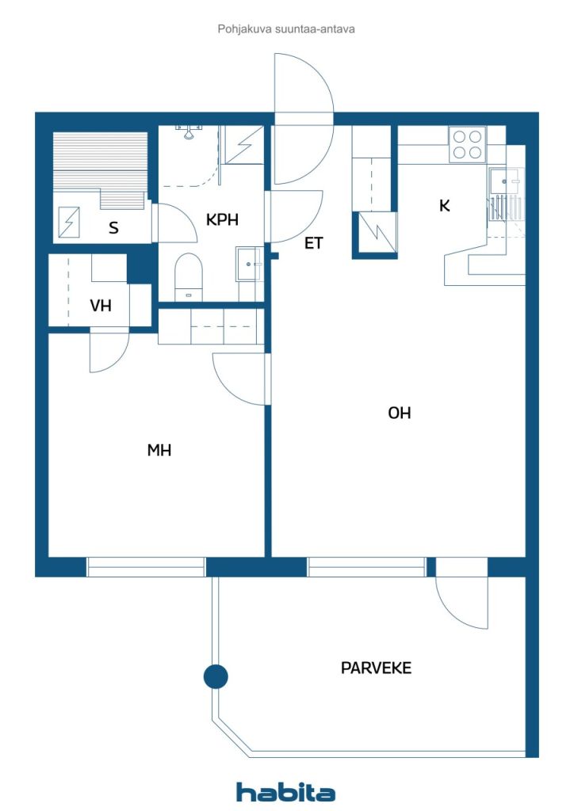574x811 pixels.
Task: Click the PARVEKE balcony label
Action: [x=376, y=668]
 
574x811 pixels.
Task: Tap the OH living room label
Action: [x=399, y=413]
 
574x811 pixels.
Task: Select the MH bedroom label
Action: [x=159, y=450]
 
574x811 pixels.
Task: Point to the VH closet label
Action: [x=101, y=306]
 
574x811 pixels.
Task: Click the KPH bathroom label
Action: [x=222, y=220]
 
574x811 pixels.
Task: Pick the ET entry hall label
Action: [x=314, y=243]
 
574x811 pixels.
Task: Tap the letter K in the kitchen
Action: [x=444, y=206]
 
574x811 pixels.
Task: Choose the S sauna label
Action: [x=114, y=227]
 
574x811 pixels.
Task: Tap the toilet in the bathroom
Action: [x=189, y=276]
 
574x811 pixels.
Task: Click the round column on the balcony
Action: [x=216, y=676]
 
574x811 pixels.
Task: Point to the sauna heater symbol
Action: [x=69, y=223]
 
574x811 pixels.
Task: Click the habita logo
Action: [x=285, y=792]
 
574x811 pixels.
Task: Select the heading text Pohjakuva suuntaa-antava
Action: [x=286, y=29]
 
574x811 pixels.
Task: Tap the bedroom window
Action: [x=146, y=567]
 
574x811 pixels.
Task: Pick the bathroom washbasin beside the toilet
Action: [x=249, y=264]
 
